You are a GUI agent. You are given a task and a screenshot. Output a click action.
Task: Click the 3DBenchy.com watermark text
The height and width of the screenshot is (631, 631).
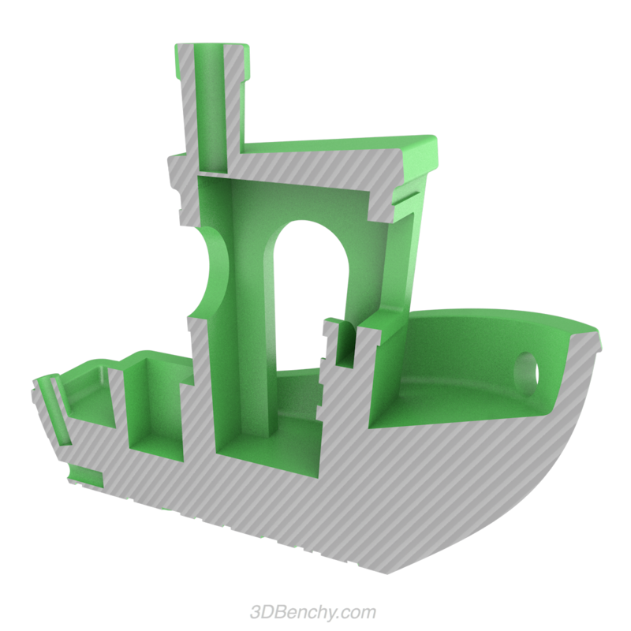(x=312, y=612)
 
